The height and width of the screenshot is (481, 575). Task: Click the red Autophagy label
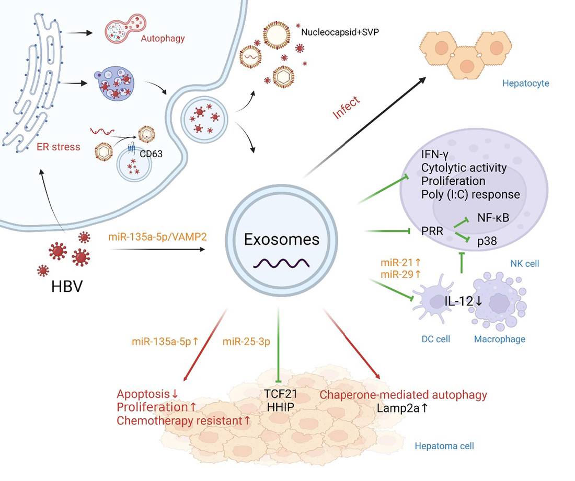163,38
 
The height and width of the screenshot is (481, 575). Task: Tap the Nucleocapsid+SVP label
340,32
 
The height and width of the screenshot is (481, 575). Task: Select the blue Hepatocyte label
525,83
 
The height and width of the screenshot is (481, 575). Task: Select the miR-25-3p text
244,342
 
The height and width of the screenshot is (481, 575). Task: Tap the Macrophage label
499,339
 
